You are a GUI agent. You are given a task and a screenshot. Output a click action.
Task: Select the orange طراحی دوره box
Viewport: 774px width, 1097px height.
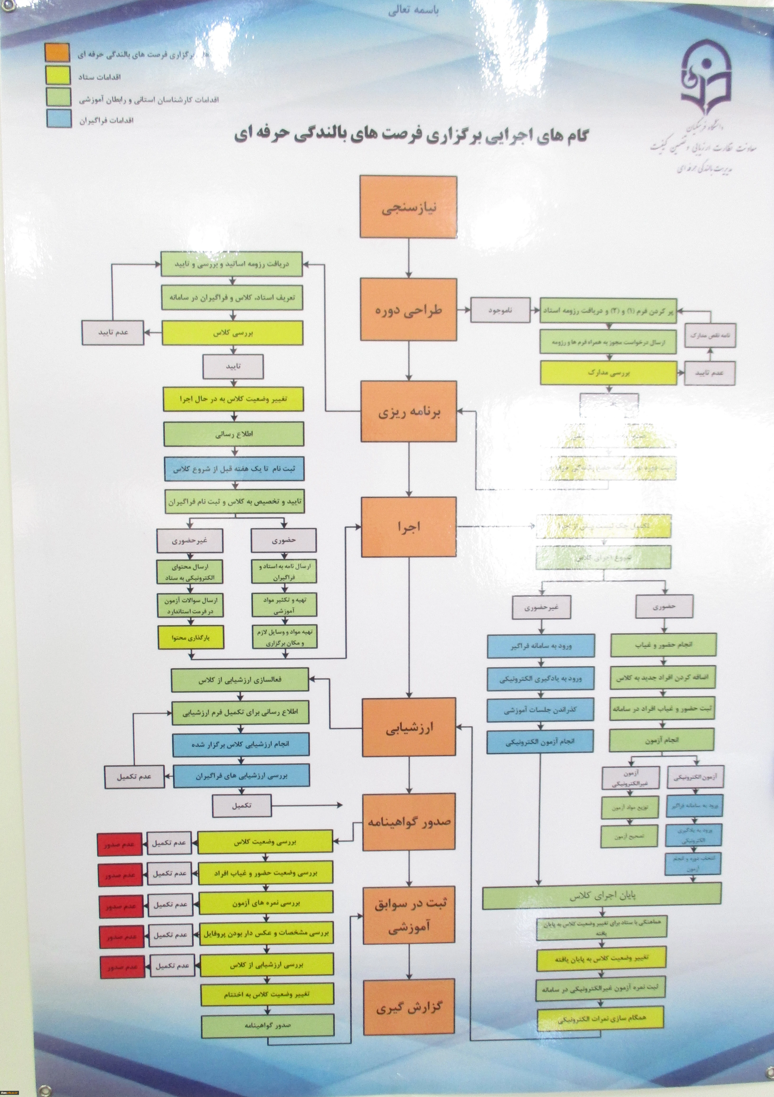409,310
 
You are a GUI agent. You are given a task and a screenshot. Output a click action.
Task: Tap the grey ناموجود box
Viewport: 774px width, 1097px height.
500,310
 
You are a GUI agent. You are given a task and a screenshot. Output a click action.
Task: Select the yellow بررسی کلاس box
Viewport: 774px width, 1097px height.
233,333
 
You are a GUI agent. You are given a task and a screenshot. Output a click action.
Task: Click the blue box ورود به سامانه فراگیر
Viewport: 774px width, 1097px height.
541,646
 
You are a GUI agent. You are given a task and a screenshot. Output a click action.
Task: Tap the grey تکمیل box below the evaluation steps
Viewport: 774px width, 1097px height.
242,806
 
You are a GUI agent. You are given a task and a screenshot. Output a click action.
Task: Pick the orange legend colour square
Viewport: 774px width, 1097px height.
57,52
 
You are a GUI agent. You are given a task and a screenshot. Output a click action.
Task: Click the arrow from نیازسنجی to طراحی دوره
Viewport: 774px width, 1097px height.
409,258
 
